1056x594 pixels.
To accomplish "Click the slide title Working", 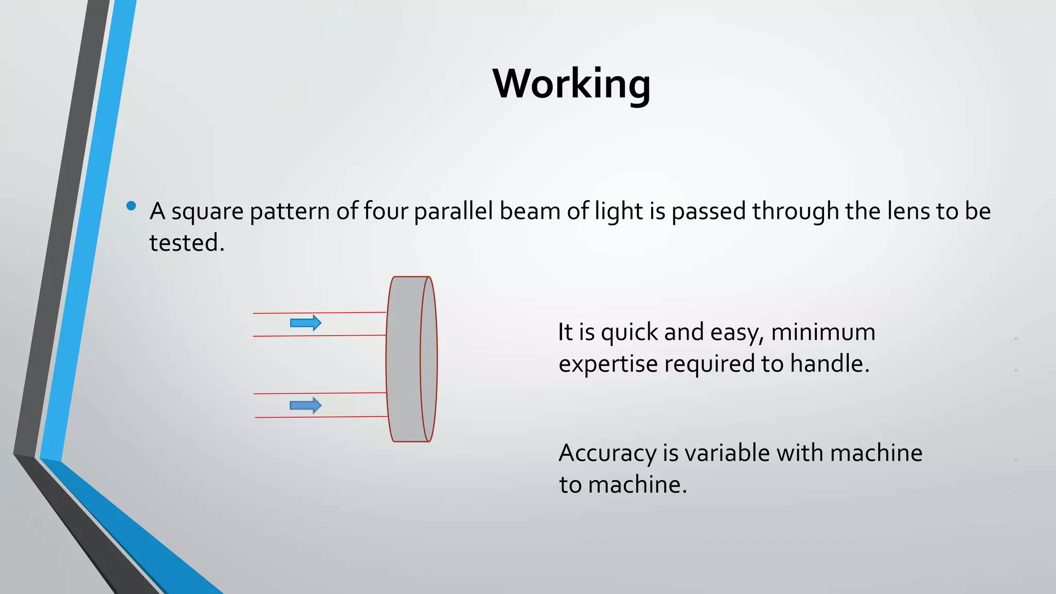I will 571,84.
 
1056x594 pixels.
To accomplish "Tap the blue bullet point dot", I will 131,206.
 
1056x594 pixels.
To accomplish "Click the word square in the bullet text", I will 207,212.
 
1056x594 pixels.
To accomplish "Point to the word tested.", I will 186,243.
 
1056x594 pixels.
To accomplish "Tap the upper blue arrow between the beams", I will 306,323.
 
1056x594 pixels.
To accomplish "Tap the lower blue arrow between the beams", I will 306,405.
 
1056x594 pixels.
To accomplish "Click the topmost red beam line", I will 320,312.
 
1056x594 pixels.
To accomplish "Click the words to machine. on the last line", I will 623,485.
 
